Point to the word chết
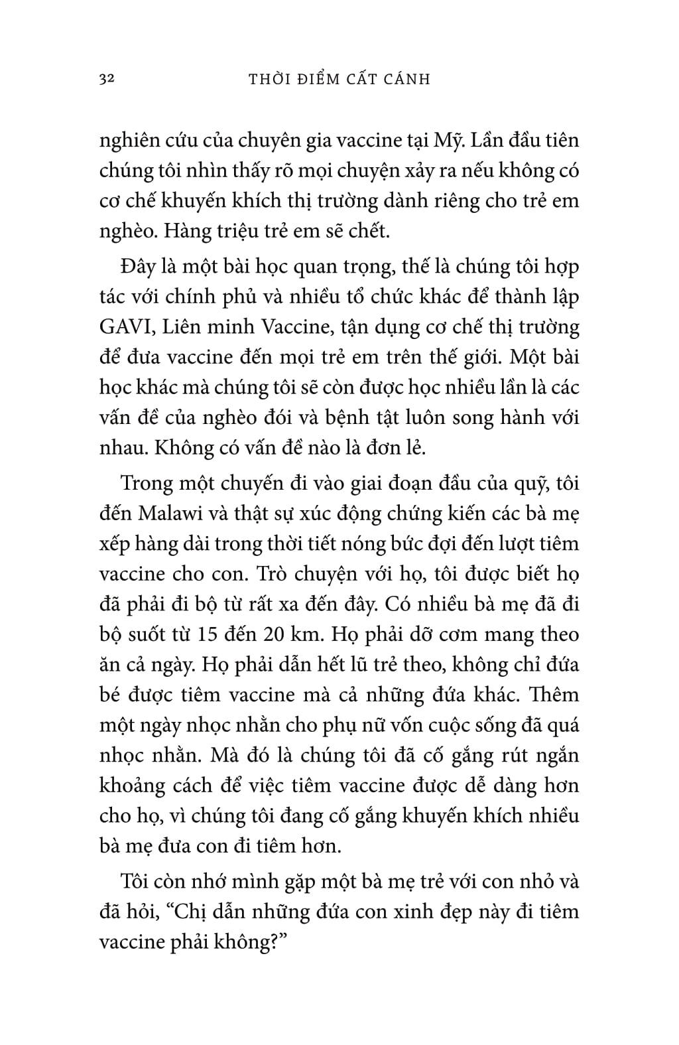pos(371,232)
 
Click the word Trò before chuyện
pos(322,573)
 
